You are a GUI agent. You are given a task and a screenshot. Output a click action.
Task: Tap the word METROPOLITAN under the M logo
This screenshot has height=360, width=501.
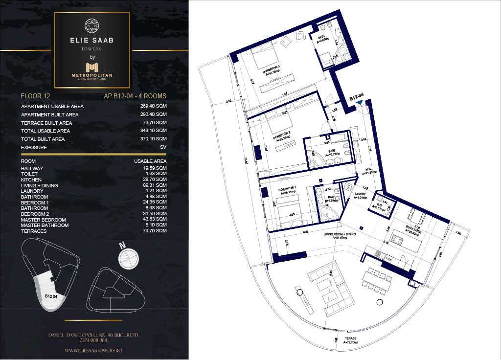pos(92,75)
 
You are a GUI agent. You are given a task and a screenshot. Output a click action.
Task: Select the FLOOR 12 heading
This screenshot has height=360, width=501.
pos(35,96)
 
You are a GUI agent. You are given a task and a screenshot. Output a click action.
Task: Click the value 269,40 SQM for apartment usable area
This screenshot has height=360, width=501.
pos(153,106)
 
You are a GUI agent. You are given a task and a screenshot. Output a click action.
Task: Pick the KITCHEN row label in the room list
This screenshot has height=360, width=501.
pos(31,180)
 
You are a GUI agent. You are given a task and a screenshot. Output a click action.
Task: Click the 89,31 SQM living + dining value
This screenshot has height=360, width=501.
pos(153,185)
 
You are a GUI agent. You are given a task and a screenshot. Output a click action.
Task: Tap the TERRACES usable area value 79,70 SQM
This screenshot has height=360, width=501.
pos(153,231)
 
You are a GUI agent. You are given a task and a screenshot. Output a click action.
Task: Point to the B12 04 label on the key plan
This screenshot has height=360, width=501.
pos(51,296)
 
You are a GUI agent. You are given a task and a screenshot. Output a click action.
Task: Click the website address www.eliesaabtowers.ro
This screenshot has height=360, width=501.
pos(93,350)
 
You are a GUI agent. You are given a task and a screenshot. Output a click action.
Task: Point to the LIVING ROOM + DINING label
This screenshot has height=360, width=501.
pos(338,235)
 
